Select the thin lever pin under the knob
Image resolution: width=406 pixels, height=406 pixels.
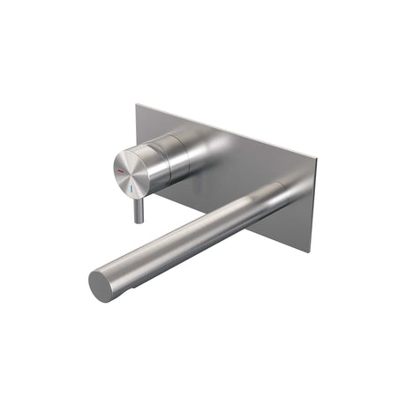click(137, 207)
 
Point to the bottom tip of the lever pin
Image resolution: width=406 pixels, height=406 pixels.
click(137, 221)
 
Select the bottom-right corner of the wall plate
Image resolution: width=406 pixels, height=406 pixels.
click(311, 252)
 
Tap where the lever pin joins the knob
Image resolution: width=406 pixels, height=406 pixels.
click(138, 196)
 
